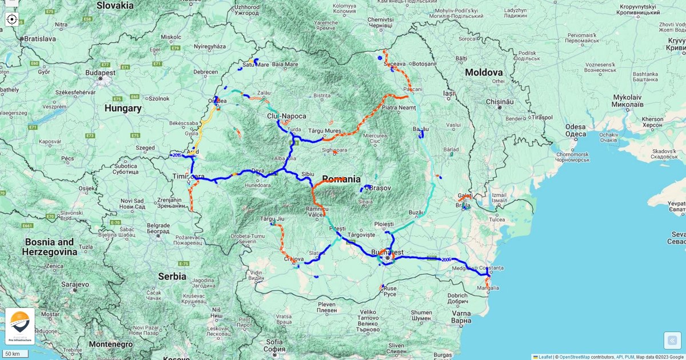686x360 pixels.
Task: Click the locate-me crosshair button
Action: [x=11, y=19]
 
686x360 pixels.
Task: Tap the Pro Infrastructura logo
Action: [x=20, y=326]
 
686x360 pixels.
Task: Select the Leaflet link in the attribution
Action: [x=545, y=357]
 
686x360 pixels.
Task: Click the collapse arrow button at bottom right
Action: [x=672, y=341]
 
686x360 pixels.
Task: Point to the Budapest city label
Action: [x=101, y=73]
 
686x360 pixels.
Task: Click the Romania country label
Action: [x=341, y=179]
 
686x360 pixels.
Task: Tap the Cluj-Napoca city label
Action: [x=286, y=116]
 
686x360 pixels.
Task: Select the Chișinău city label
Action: [x=499, y=101]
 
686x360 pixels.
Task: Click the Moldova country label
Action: [x=484, y=73]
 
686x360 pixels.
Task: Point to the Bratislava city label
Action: [x=39, y=39]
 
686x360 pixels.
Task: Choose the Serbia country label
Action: [x=172, y=276]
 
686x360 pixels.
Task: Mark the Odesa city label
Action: [x=576, y=127]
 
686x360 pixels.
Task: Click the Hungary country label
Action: [x=123, y=108]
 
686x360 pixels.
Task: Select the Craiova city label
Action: [x=293, y=259]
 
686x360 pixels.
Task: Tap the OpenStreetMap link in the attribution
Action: [x=575, y=357]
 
